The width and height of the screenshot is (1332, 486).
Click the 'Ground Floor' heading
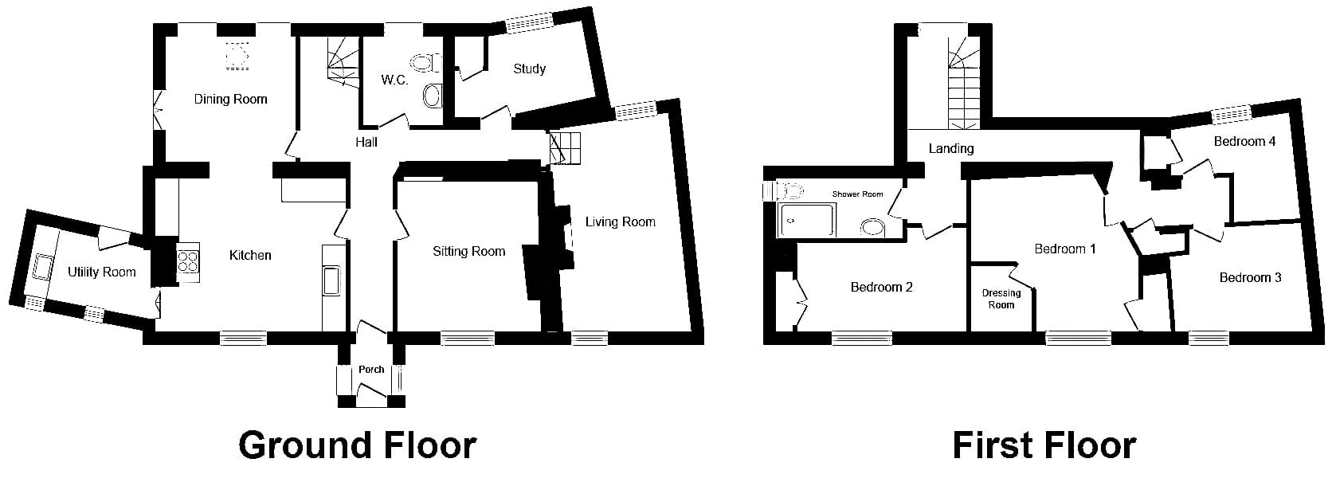[x=358, y=445]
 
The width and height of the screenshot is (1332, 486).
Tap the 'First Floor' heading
[x=1044, y=445]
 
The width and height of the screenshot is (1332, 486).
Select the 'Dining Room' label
[x=231, y=100]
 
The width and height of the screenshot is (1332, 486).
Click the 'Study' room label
[x=529, y=69]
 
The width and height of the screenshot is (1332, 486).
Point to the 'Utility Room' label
[x=102, y=272]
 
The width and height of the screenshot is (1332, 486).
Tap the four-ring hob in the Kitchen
[x=189, y=262]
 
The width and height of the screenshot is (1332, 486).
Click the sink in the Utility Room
[x=42, y=266]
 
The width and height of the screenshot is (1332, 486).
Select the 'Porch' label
[x=371, y=370]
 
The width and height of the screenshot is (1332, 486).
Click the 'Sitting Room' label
[x=468, y=252]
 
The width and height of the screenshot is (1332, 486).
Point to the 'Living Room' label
[x=621, y=221]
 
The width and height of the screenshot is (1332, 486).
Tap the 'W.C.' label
[x=395, y=80]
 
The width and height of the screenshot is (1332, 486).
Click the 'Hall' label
[x=366, y=142]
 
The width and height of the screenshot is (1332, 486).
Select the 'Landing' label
[x=951, y=148]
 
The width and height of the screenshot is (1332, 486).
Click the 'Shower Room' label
[x=857, y=194]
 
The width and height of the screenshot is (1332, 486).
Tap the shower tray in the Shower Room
[x=806, y=220]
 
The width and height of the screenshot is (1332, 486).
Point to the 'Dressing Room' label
[x=1001, y=299]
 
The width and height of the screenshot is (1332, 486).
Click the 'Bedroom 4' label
[x=1244, y=142]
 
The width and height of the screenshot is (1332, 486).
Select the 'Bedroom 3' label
[x=1250, y=278]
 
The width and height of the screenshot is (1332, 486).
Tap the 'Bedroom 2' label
[x=881, y=288]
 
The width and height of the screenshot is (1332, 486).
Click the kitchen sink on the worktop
[x=332, y=280]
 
